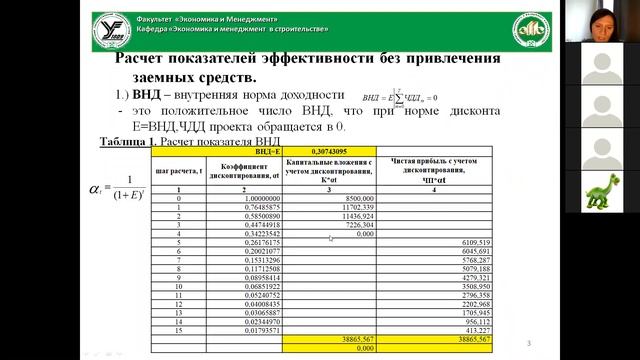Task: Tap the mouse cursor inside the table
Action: (x=331, y=238)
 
